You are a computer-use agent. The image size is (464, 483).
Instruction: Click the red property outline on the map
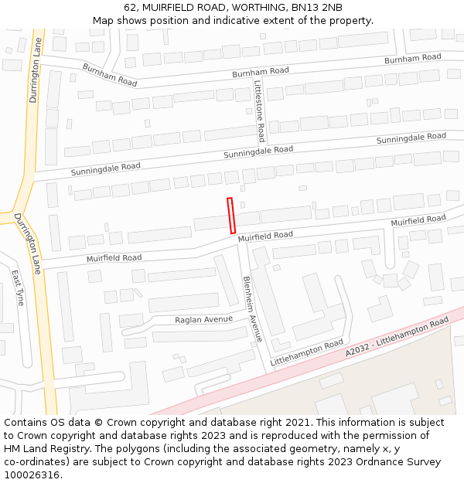click(x=230, y=216)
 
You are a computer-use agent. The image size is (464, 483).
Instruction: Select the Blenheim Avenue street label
click(x=252, y=308)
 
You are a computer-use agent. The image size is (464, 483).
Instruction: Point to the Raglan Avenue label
click(x=203, y=319)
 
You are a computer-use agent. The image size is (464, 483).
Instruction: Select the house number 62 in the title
click(x=130, y=8)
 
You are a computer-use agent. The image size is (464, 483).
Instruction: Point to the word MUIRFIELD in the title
click(x=169, y=8)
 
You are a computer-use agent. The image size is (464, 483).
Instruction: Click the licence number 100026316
click(x=32, y=474)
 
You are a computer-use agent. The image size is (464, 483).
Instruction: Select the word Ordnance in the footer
click(x=374, y=461)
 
